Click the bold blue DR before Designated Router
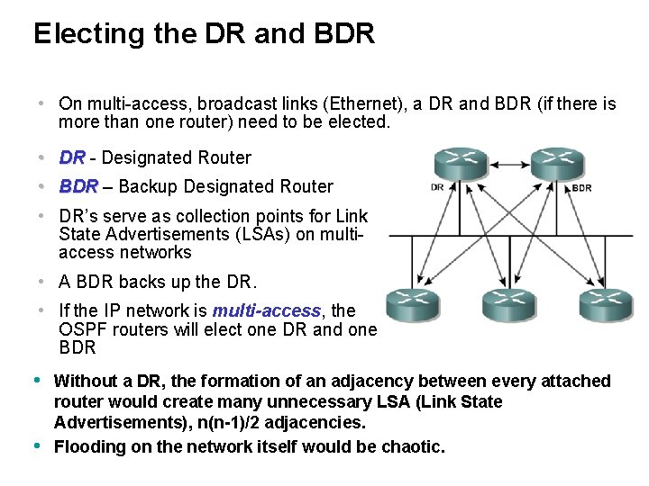point(71,157)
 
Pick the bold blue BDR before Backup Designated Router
point(78,186)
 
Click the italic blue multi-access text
point(266,310)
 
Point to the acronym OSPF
point(81,329)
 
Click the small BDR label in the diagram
point(581,188)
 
